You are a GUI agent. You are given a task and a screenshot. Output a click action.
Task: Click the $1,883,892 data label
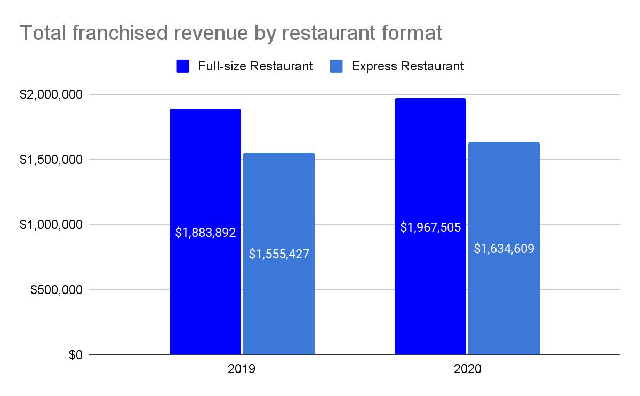click(205, 233)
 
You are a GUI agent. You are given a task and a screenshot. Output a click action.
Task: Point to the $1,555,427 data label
click(279, 254)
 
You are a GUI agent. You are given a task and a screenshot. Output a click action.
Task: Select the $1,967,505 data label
click(430, 227)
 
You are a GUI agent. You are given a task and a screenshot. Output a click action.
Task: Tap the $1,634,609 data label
click(504, 248)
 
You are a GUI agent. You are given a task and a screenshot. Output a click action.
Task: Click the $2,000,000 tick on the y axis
click(51, 94)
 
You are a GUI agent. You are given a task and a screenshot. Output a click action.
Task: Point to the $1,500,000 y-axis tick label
click(51, 160)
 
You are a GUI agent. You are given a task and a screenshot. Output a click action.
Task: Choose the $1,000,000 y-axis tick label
click(51, 225)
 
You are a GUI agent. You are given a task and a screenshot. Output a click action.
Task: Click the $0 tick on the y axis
click(75, 355)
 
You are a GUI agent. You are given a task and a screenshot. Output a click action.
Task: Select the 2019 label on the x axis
click(242, 369)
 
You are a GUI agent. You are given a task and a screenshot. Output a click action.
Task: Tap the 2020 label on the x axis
click(467, 369)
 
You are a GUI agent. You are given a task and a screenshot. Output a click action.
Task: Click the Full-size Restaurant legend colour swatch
click(183, 66)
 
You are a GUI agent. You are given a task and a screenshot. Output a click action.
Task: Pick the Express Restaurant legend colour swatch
click(337, 66)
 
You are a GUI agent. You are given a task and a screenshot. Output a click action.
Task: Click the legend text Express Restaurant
click(408, 66)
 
